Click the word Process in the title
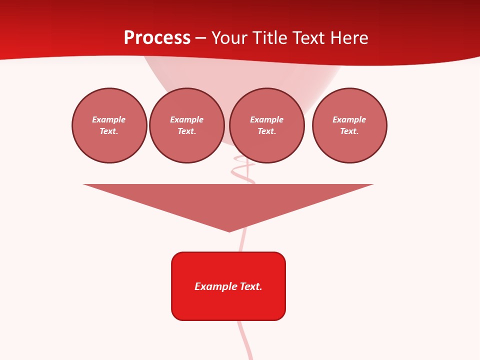[x=157, y=38]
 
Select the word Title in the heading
[x=268, y=38]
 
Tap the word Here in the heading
[x=350, y=38]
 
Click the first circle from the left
[x=109, y=125]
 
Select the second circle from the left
[x=187, y=125]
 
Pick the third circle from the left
[x=267, y=125]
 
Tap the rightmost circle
[x=349, y=125]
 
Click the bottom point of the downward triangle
[x=229, y=231]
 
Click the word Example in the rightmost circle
[x=349, y=120]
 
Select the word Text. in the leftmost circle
[x=109, y=131]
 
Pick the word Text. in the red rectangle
[x=251, y=286]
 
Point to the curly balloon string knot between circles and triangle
[x=243, y=170]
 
